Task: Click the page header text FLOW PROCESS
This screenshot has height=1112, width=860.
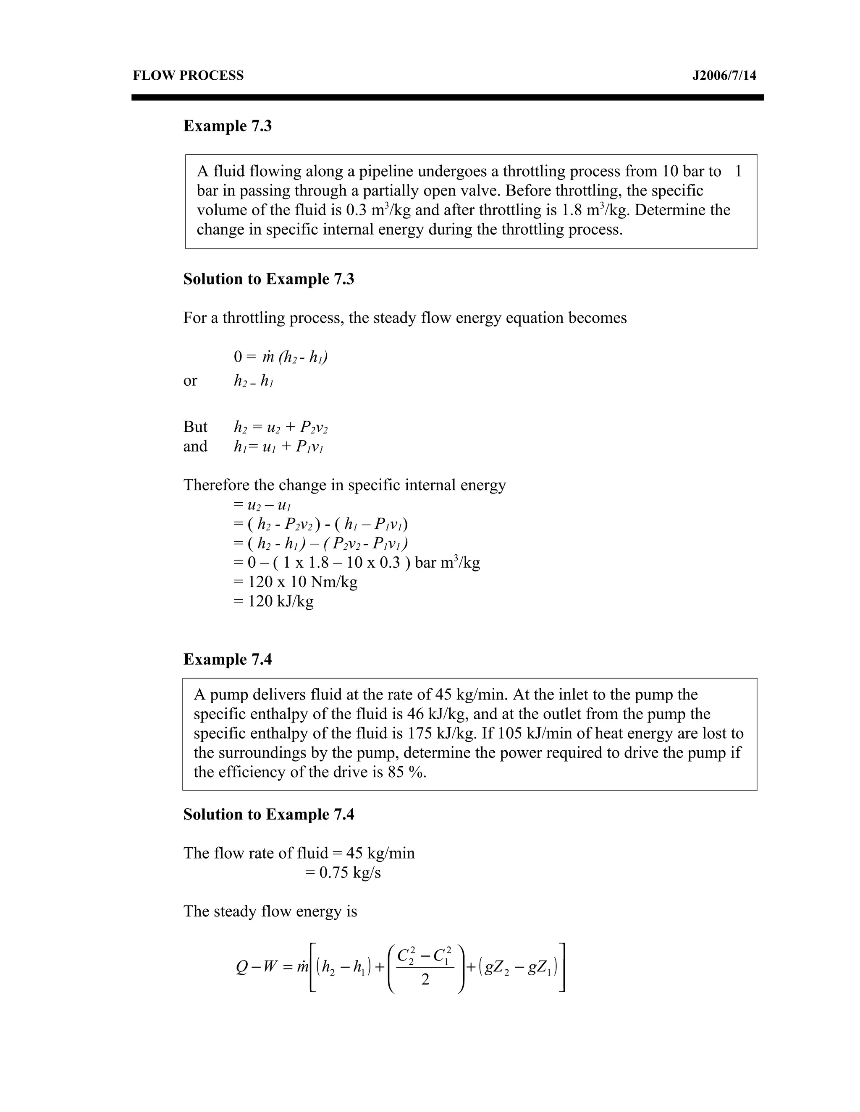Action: click(188, 76)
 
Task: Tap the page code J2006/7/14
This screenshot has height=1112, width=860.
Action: click(724, 76)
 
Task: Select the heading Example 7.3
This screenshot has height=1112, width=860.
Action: click(227, 126)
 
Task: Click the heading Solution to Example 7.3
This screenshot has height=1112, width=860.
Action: click(268, 279)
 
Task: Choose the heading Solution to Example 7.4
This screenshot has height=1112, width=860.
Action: click(268, 814)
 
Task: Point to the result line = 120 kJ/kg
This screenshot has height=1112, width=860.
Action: click(274, 601)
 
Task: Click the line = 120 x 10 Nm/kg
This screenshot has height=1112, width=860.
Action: click(296, 582)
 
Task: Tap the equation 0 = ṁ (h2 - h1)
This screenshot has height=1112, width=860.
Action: click(280, 357)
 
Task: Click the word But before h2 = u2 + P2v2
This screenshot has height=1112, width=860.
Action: click(195, 427)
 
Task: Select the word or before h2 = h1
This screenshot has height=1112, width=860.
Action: click(190, 380)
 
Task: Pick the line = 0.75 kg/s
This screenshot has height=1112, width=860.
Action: click(342, 873)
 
